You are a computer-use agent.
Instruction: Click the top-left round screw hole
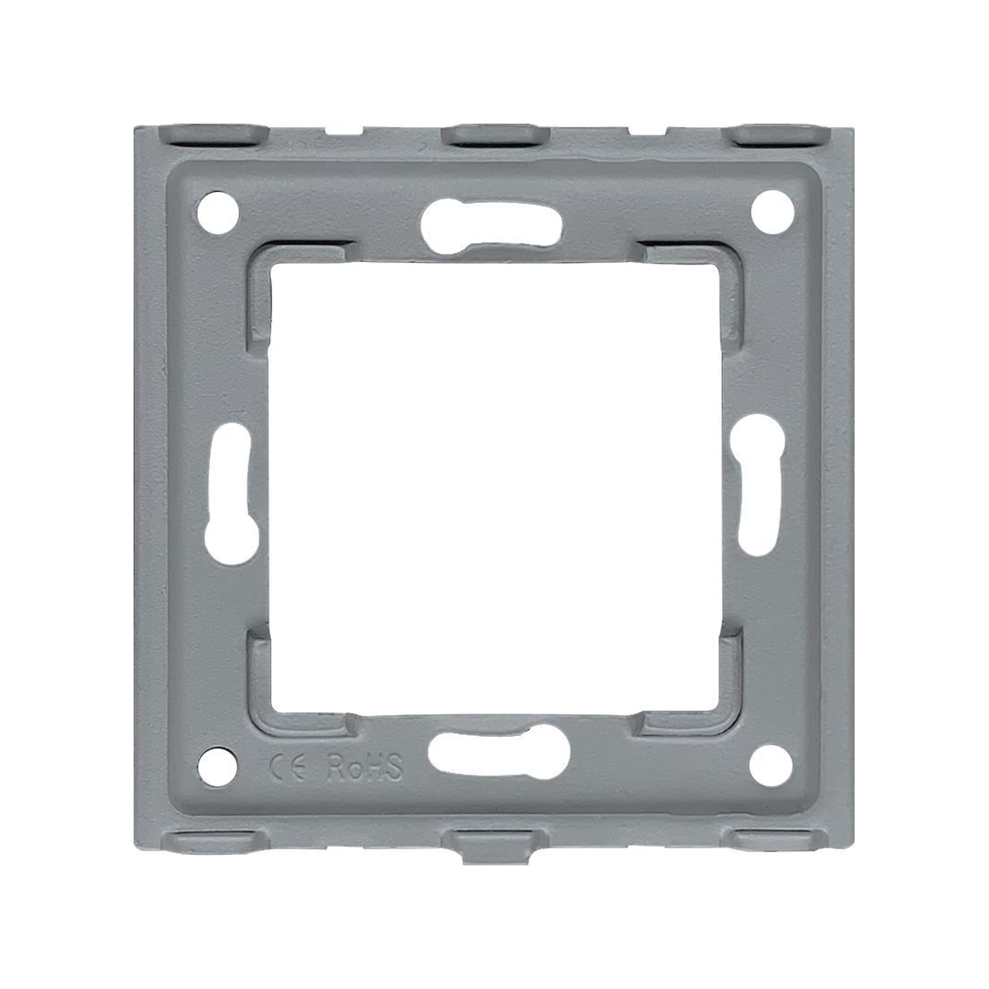pyautogui.click(x=218, y=213)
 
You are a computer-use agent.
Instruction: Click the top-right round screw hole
pyautogui.click(x=772, y=212)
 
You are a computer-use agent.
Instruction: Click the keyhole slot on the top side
pyautogui.click(x=491, y=226)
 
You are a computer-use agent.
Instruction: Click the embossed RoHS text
pyautogui.click(x=365, y=767)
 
